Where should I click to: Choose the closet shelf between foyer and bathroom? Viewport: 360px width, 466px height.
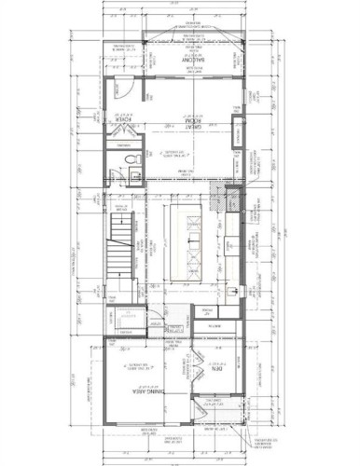pos(122,149)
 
